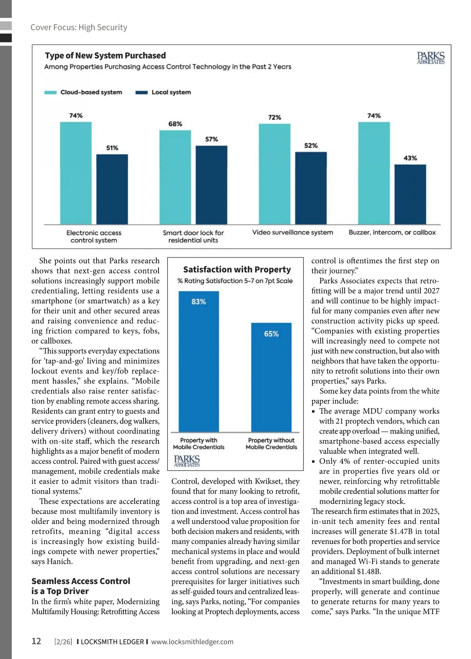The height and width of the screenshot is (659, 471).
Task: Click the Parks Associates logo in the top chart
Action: pos(431,58)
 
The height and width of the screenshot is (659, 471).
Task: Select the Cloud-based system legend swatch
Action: pos(50,93)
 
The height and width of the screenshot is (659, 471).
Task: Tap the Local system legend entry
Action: pos(163,93)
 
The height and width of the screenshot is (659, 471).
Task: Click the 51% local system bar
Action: pos(112,189)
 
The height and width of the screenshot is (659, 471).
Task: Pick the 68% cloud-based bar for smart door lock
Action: pos(175,177)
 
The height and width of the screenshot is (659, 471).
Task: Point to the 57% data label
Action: pos(212,139)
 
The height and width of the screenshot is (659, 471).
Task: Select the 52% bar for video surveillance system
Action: pos(311,188)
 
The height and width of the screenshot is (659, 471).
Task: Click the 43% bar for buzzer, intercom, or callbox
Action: pos(410,194)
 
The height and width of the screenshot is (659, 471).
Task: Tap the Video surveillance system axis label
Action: pos(292,232)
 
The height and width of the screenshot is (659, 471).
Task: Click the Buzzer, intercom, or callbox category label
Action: pos(392,232)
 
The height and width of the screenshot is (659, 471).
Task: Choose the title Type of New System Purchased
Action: pos(105,56)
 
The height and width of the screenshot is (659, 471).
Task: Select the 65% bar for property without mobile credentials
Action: pos(271,377)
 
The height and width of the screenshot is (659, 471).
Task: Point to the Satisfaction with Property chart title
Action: pos(237,269)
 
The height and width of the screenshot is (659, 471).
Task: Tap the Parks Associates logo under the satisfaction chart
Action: pos(187,461)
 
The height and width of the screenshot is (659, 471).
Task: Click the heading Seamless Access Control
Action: pos(80,581)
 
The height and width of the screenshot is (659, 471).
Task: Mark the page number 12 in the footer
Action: pos(36,641)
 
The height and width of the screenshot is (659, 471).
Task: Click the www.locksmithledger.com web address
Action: pos(192,642)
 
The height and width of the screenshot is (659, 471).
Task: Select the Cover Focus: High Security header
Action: pos(79,27)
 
